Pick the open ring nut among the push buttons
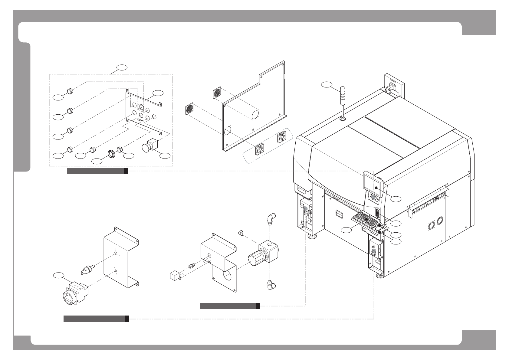pos(111,154)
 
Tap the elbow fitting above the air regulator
pos(270,219)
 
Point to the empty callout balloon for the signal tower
pos(327,84)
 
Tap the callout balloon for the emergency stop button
pos(165,155)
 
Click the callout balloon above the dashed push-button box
pos(122,67)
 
